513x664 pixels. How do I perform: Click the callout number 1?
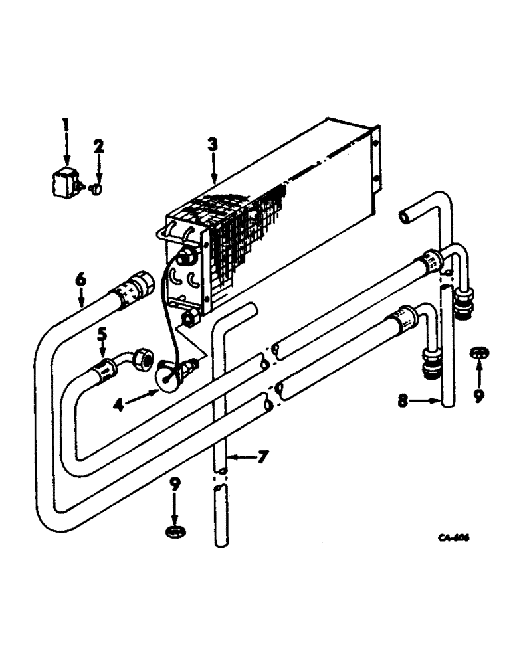coord(65,124)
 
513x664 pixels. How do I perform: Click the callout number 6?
coord(80,282)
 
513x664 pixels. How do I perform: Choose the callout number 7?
coord(262,457)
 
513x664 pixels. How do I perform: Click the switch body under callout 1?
coord(64,183)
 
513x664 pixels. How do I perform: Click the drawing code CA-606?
coord(453,539)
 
